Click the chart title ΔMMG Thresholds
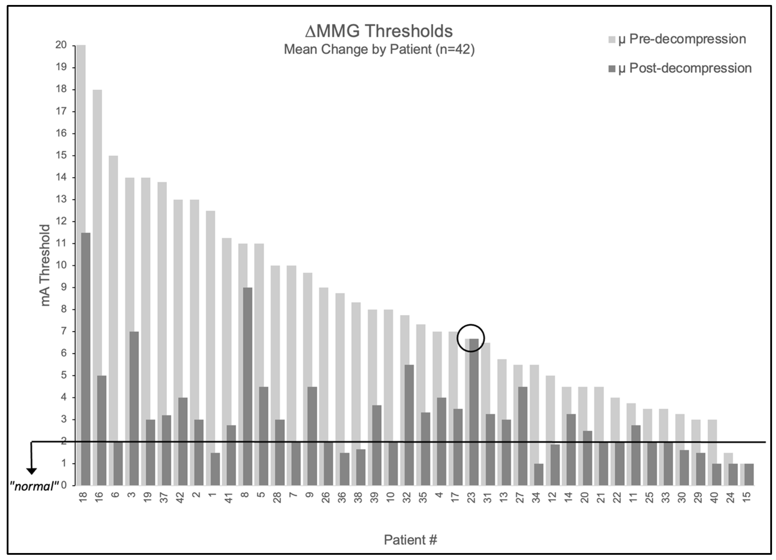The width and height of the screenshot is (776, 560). (379, 31)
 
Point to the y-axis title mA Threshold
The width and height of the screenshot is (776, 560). (45, 266)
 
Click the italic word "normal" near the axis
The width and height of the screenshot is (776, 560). (35, 486)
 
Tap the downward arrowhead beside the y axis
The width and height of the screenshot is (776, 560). (32, 471)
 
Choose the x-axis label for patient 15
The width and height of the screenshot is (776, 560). (747, 497)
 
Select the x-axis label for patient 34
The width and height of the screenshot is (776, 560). (536, 497)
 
